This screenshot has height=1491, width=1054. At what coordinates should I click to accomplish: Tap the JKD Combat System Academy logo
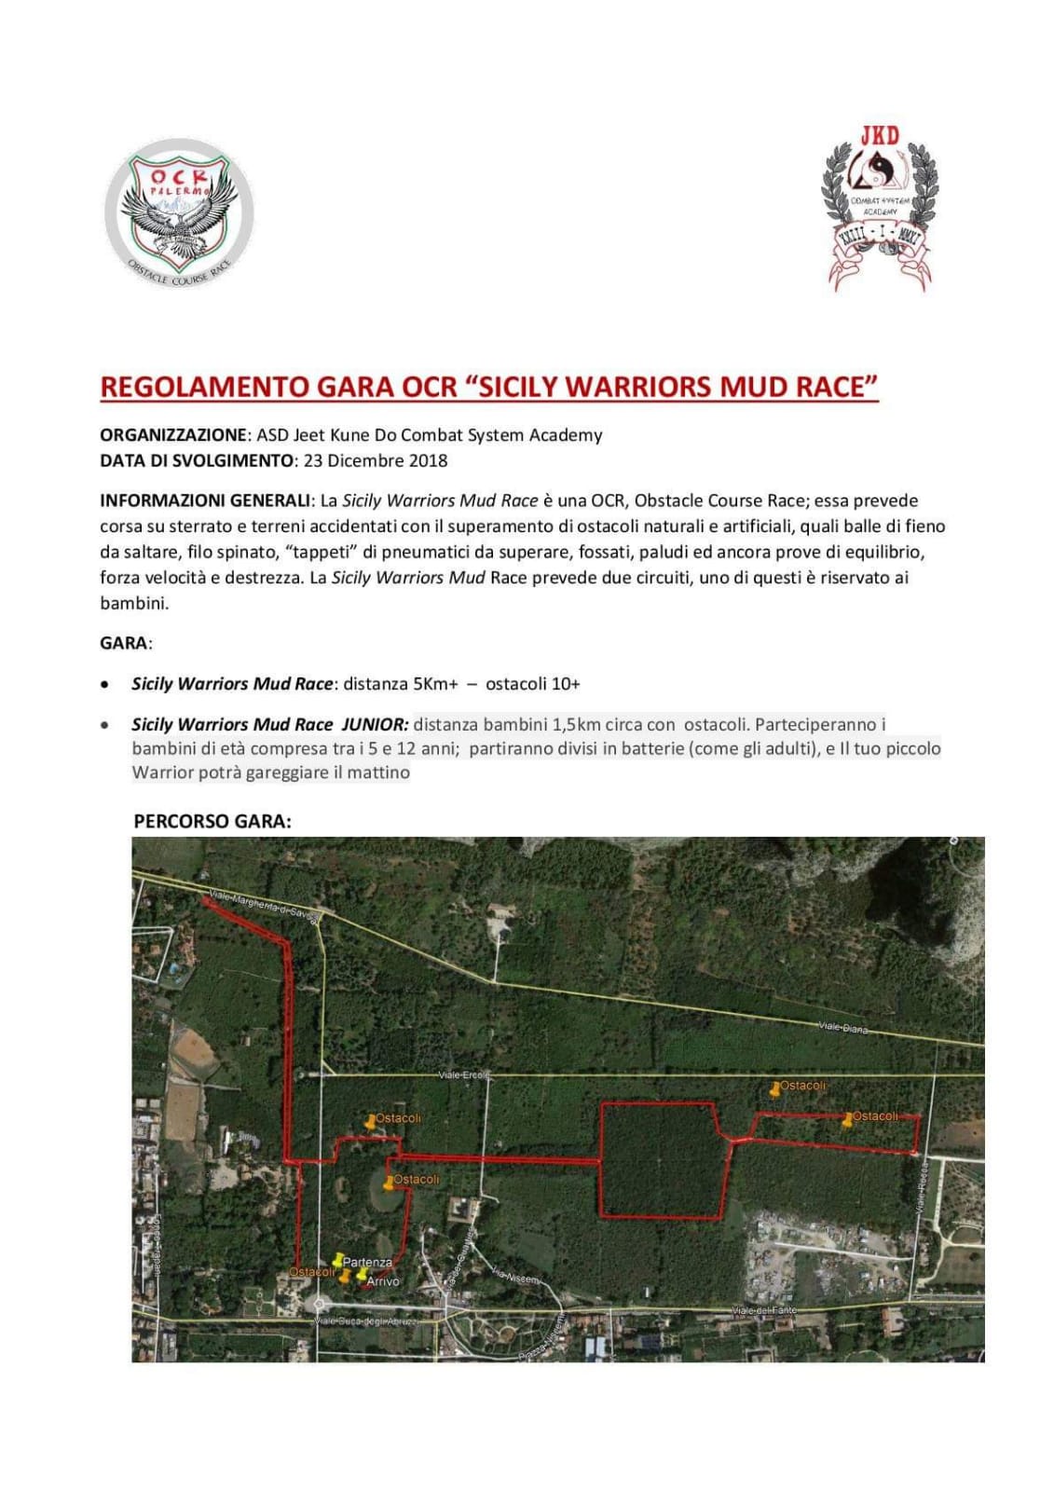coord(879,209)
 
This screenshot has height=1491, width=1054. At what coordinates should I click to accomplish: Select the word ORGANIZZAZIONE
coord(173,435)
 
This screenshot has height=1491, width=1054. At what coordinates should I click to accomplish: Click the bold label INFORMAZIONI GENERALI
coord(204,500)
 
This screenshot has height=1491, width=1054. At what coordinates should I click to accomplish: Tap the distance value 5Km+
coord(435,684)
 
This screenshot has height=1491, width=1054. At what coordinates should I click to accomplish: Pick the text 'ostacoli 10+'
coord(532,684)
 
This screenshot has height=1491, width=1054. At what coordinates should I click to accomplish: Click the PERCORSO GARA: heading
coord(212,821)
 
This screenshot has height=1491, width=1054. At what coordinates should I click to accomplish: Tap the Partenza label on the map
coord(367,1262)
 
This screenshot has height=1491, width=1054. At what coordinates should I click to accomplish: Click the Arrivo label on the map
coord(382,1281)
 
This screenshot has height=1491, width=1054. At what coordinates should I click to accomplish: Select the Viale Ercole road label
coord(463,1074)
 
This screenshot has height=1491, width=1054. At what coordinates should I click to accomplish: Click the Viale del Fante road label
coord(764,1311)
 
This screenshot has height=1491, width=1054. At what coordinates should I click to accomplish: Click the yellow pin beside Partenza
coord(338,1259)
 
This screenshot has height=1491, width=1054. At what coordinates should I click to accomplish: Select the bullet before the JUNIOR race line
coord(107,725)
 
